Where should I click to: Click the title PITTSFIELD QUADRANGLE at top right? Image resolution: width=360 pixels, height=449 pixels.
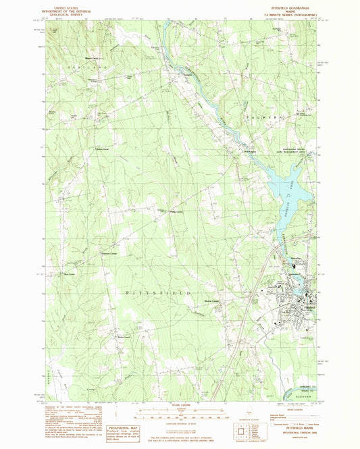point(290,7)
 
